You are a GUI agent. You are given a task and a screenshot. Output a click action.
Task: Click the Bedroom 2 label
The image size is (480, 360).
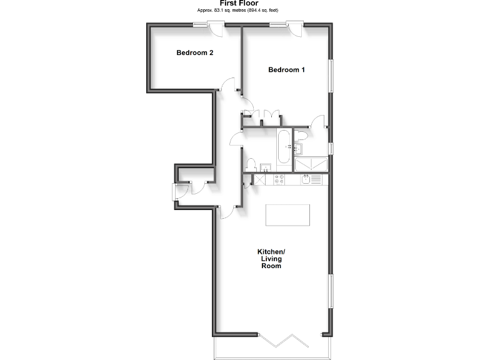pyautogui.click(x=194, y=53)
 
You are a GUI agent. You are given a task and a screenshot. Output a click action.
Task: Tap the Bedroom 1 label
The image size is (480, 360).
pyautogui.click(x=286, y=70)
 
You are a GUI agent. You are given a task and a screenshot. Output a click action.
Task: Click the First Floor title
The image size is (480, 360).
pyautogui.click(x=239, y=4)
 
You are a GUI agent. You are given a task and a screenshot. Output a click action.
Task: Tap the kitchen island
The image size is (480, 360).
pyautogui.click(x=287, y=214)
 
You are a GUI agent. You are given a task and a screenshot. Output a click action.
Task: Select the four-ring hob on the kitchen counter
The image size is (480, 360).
pyautogui.click(x=277, y=179)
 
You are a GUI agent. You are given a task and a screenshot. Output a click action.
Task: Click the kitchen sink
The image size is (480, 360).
pyautogui.click(x=306, y=179)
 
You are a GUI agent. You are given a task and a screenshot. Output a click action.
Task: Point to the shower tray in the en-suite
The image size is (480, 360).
pyautogui.click(x=311, y=164)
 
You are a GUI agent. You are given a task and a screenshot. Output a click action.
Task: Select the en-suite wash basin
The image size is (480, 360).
pyautogui.click(x=298, y=149)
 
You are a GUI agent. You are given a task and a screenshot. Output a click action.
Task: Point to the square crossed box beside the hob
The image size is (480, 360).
pyautogui.click(x=258, y=179)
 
